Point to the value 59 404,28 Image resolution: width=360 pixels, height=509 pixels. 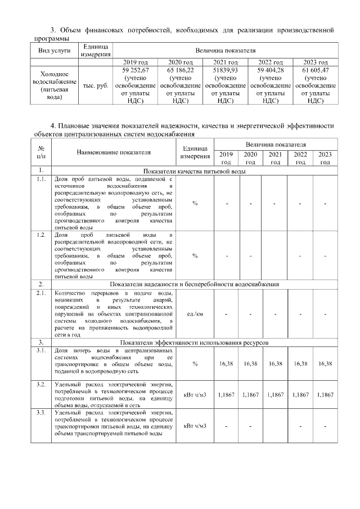(271, 70)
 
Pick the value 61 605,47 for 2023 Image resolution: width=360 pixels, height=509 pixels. (315, 70)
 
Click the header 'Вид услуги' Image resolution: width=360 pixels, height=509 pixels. (54, 50)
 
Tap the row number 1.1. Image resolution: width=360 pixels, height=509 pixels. (40, 179)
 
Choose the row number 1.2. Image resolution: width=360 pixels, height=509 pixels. (40, 234)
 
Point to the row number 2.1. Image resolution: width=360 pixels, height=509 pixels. (40, 293)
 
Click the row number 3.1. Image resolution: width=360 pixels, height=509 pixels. (40, 351)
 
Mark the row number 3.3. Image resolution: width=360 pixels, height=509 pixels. (40, 413)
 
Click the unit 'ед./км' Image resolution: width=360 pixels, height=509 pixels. (195, 314)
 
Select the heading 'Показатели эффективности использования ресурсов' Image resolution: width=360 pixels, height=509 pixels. (194, 343)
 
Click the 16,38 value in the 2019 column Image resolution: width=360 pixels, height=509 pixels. (226, 364)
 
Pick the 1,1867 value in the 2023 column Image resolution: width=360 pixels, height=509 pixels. (325, 395)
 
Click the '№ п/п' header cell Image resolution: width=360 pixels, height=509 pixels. (40, 152)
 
